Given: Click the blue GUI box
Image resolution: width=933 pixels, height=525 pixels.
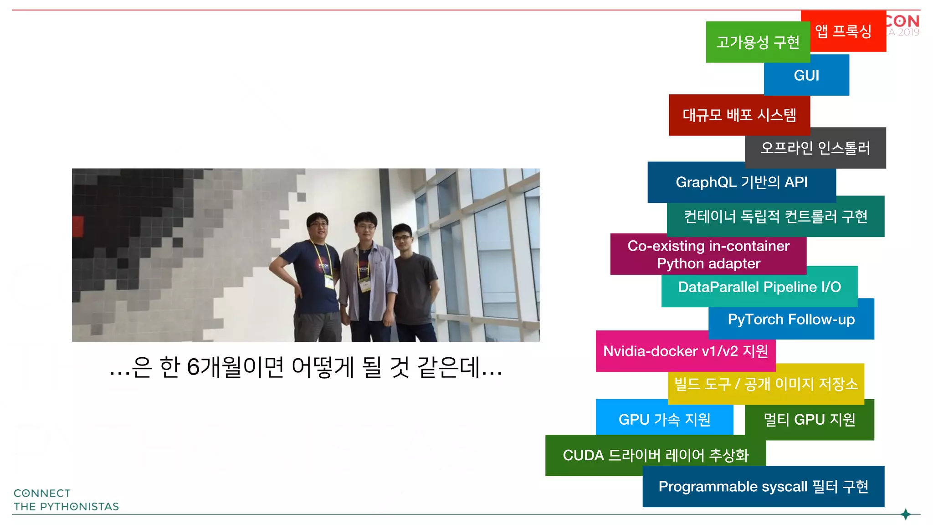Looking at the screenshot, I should click(x=806, y=76).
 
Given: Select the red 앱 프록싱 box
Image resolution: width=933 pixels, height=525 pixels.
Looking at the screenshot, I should click(x=843, y=31).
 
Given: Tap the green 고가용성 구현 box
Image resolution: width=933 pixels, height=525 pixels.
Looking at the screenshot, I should click(x=758, y=42).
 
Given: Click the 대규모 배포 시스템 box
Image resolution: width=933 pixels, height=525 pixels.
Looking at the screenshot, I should click(x=739, y=115).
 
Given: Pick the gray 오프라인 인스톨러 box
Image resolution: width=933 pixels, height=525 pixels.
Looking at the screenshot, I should click(x=815, y=148).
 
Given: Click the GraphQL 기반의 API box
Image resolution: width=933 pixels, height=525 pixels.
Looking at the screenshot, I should click(x=741, y=182).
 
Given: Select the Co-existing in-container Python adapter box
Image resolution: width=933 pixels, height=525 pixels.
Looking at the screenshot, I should click(x=708, y=255).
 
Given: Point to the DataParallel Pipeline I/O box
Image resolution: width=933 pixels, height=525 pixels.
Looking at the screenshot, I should click(x=759, y=287).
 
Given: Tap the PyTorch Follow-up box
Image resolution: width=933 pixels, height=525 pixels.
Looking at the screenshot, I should click(x=791, y=319).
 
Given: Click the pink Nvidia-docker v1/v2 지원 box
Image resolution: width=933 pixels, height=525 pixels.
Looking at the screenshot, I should click(x=685, y=351).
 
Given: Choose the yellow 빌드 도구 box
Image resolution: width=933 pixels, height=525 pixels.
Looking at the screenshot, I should click(x=766, y=384).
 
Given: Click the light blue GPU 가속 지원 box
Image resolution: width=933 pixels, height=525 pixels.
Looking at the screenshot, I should click(x=664, y=419).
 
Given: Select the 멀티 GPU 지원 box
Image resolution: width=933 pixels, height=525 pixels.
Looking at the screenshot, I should click(x=809, y=420).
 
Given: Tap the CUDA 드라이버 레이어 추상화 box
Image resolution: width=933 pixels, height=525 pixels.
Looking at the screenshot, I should click(x=655, y=455).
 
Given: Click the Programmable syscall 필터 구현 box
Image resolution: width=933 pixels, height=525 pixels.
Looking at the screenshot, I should click(x=763, y=487).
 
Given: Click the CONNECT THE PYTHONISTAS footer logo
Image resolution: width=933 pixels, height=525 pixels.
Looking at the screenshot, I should click(x=66, y=500).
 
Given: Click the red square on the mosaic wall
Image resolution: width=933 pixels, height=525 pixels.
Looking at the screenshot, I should click(x=78, y=226).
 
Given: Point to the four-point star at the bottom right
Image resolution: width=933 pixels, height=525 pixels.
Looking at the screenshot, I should click(x=906, y=515).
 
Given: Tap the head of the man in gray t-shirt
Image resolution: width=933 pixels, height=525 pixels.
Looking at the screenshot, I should click(x=402, y=235).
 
